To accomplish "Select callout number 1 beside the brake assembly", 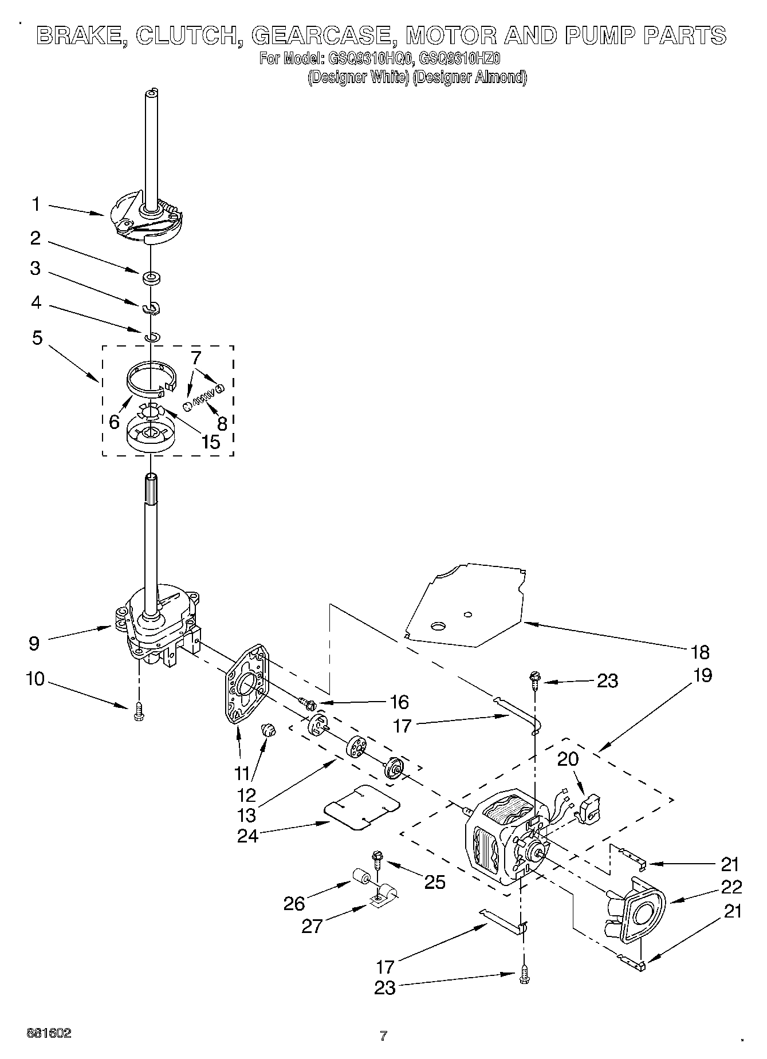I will click(x=36, y=204).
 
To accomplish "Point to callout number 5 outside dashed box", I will click(x=37, y=338).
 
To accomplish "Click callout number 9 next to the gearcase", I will click(x=34, y=643).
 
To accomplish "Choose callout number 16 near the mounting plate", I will click(x=399, y=702).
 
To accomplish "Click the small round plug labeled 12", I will click(x=268, y=730).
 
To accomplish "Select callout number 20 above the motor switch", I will click(x=568, y=759).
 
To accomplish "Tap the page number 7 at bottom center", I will click(x=383, y=1036).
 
